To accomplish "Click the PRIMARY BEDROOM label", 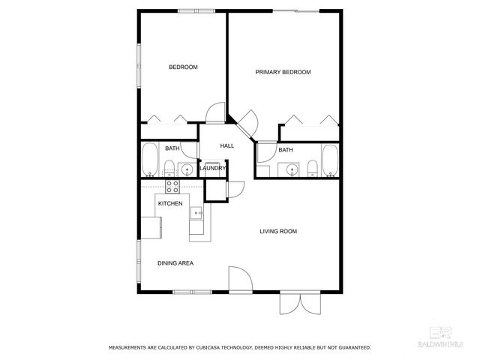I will click(283, 72).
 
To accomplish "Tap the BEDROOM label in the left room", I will click(183, 67).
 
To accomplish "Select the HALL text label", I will click(226, 145).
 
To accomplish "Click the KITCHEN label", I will click(170, 203).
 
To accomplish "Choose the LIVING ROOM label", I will click(278, 231).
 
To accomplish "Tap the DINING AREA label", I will click(175, 263).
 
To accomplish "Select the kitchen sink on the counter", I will click(199, 214).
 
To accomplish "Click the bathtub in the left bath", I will click(148, 158).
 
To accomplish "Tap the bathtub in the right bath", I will click(330, 160).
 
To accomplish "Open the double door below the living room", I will click(299, 303).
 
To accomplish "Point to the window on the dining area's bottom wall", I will click(184, 292).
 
